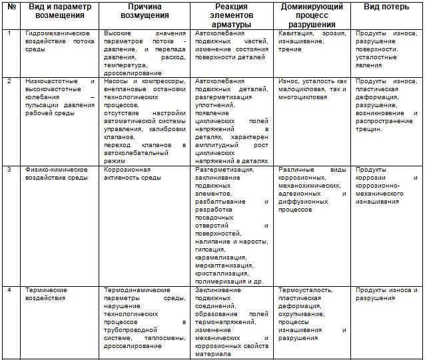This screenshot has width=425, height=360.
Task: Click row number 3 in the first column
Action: click(x=9, y=170)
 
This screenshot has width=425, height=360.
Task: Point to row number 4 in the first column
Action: click(x=9, y=290)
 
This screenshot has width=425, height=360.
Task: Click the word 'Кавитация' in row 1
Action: click(x=296, y=33)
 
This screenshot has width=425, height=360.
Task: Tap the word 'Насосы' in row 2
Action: click(x=116, y=81)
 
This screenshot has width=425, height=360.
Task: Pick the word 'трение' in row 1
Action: click(x=290, y=49)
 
